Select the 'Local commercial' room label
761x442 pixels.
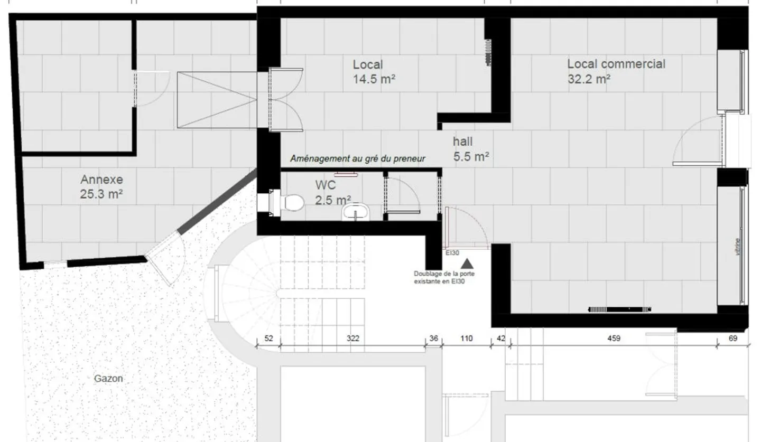[x=616, y=64]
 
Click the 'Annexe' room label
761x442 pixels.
[x=101, y=180]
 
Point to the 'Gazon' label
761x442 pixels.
[x=108, y=378]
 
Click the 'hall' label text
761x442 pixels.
[x=462, y=142]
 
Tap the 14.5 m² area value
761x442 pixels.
[x=375, y=80]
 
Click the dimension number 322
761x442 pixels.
[x=352, y=338]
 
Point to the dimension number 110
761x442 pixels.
[x=466, y=338]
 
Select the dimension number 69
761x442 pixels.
[x=732, y=338]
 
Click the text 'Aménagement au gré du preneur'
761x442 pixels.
[x=358, y=158]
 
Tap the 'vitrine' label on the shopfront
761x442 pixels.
[x=738, y=247]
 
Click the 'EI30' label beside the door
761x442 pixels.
[x=452, y=253]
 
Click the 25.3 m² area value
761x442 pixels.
[x=101, y=194]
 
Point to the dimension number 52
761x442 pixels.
[x=268, y=338]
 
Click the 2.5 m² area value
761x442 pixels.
[x=333, y=200]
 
